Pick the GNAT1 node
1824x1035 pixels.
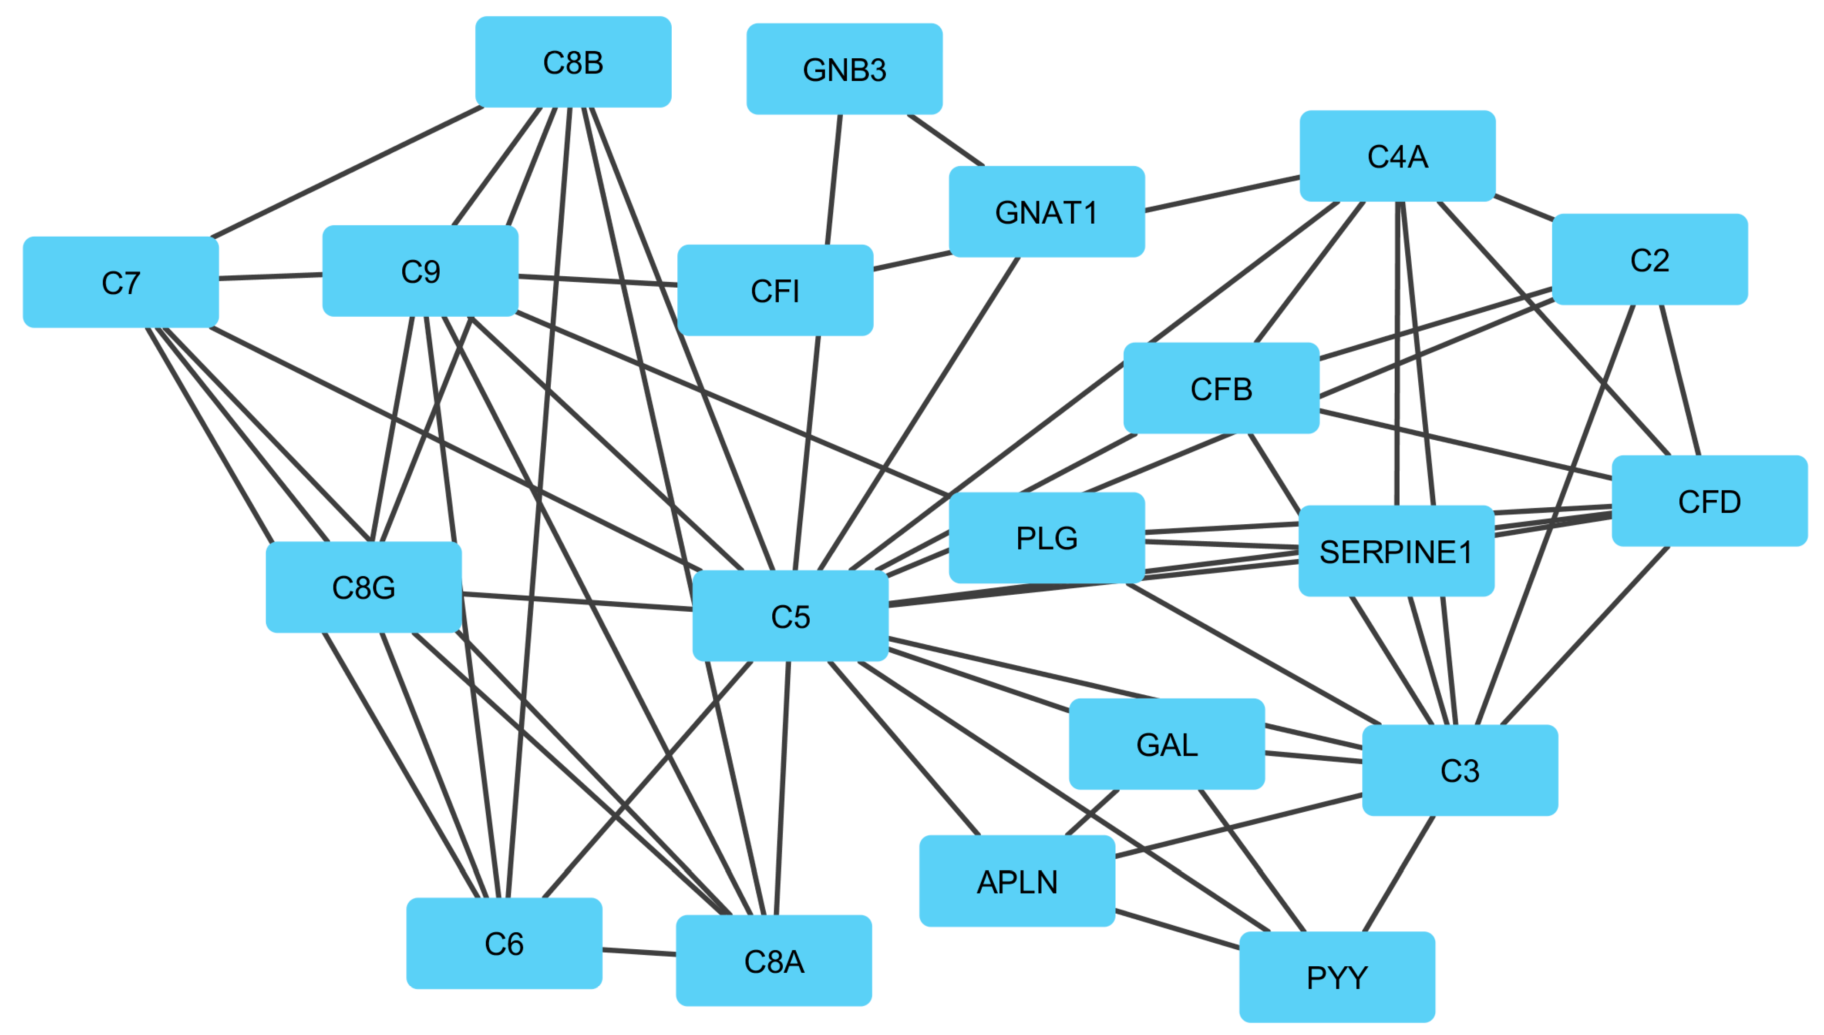pyautogui.click(x=1046, y=212)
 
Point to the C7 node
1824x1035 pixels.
pyautogui.click(x=121, y=282)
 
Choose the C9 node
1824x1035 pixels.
pyautogui.click(x=420, y=271)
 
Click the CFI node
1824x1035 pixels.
pyautogui.click(x=775, y=290)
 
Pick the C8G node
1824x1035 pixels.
pyautogui.click(x=363, y=587)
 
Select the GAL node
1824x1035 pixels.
pyautogui.click(x=1166, y=744)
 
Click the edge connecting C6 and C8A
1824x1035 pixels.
pyautogui.click(x=639, y=951)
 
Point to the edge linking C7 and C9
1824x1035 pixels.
pyautogui.click(x=270, y=277)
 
